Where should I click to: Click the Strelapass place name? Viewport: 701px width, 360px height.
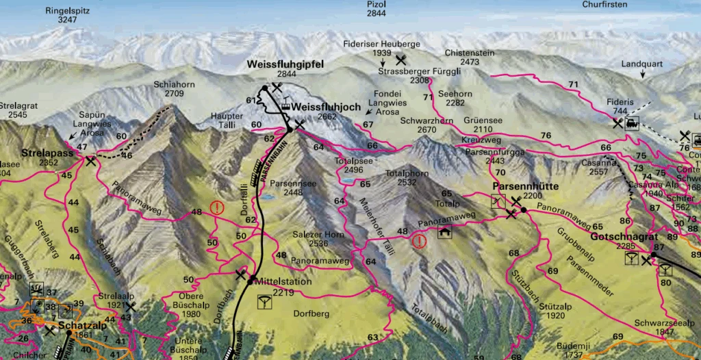(47, 153)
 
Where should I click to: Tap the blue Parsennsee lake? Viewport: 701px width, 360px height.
(267, 196)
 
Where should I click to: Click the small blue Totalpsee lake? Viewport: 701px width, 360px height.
(349, 181)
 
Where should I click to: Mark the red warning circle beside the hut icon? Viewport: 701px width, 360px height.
(419, 240)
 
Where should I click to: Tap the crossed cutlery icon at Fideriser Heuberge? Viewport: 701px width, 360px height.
(401, 60)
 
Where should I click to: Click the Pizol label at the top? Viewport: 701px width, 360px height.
(377, 4)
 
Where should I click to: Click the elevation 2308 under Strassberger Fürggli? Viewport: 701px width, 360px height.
(419, 80)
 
